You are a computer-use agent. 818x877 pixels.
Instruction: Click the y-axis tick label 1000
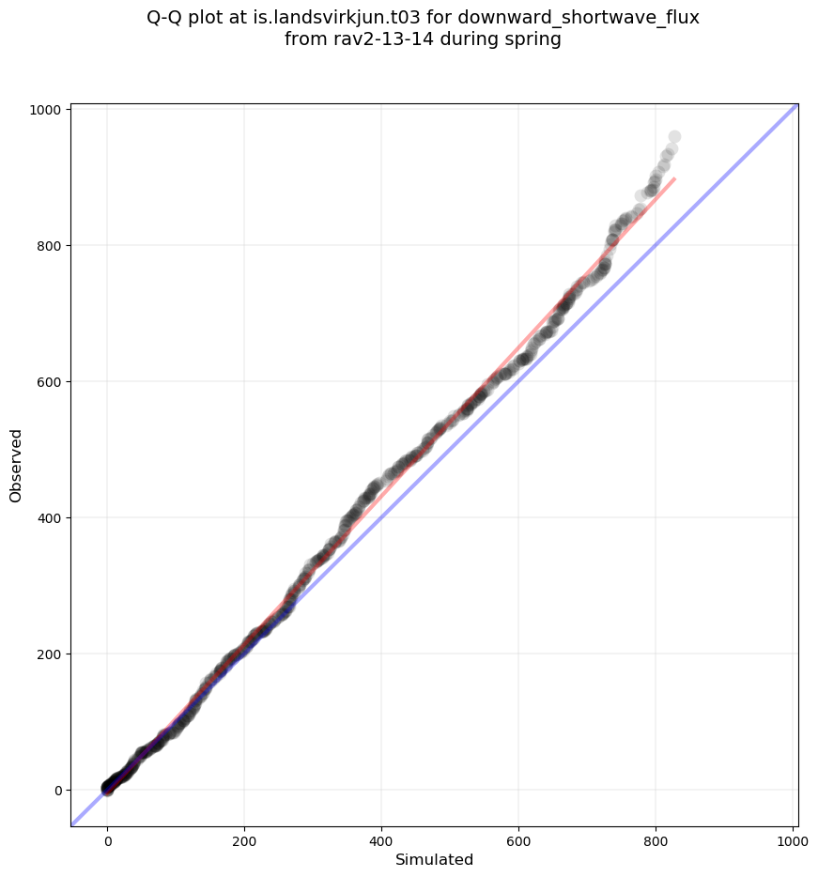tap(45, 110)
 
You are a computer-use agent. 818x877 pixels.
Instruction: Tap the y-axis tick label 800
tap(49, 246)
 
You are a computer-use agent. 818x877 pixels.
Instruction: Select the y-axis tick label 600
tap(49, 382)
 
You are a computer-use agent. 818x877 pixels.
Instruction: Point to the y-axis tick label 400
tap(49, 518)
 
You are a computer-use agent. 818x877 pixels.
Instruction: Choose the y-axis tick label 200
tap(49, 654)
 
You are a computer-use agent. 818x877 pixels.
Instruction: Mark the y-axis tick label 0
tap(57, 791)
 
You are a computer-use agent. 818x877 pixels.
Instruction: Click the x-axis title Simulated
tap(434, 860)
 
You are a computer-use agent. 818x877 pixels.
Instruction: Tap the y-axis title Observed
tap(16, 465)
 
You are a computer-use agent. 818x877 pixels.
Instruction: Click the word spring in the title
tap(529, 40)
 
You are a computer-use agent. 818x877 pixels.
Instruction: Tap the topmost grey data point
tap(674, 137)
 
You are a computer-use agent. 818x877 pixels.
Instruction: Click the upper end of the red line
tap(674, 178)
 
